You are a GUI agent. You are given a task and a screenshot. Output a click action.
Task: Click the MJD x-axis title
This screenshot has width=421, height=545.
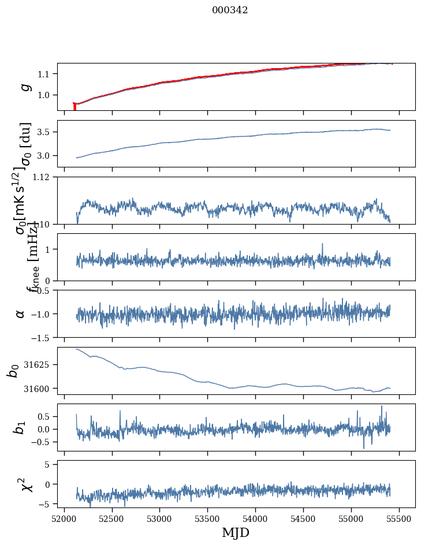(236, 532)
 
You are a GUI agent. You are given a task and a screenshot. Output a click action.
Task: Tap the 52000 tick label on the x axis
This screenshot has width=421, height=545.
(64, 519)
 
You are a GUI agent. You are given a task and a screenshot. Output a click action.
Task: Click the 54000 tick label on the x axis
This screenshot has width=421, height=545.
(255, 519)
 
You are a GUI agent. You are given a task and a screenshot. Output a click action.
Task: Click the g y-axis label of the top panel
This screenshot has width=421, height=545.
(25, 87)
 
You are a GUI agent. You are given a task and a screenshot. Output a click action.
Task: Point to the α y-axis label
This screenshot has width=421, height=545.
(21, 313)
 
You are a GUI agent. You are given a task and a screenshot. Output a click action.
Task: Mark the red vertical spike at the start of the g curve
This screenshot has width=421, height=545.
(74, 107)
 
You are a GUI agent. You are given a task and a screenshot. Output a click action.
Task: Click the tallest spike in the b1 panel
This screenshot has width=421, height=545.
(381, 406)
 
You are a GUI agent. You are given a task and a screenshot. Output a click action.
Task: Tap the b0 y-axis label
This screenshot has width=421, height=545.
(13, 371)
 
